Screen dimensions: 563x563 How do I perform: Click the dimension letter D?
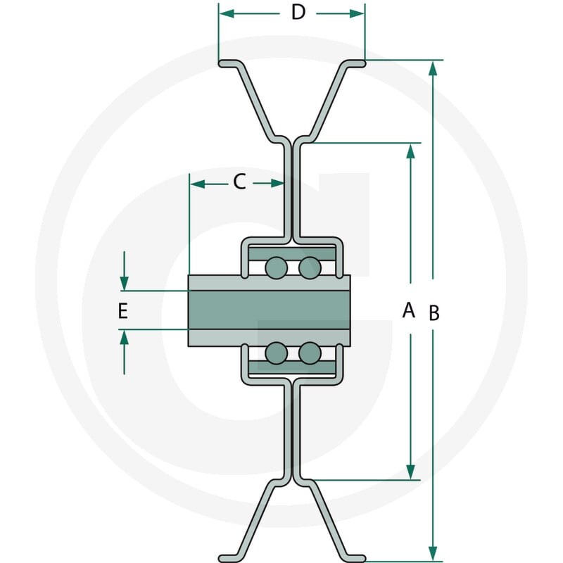298,13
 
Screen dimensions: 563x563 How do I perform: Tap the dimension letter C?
239,182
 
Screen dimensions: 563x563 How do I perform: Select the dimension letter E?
122,311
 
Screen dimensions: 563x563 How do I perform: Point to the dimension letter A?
409,310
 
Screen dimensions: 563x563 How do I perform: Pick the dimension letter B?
434,312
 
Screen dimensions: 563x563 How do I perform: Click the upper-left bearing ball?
276,268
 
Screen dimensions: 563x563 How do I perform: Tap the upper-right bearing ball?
310,268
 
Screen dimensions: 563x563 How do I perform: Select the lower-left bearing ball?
276,353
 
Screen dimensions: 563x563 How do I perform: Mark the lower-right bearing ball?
310,353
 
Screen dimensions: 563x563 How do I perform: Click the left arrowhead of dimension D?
227,14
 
